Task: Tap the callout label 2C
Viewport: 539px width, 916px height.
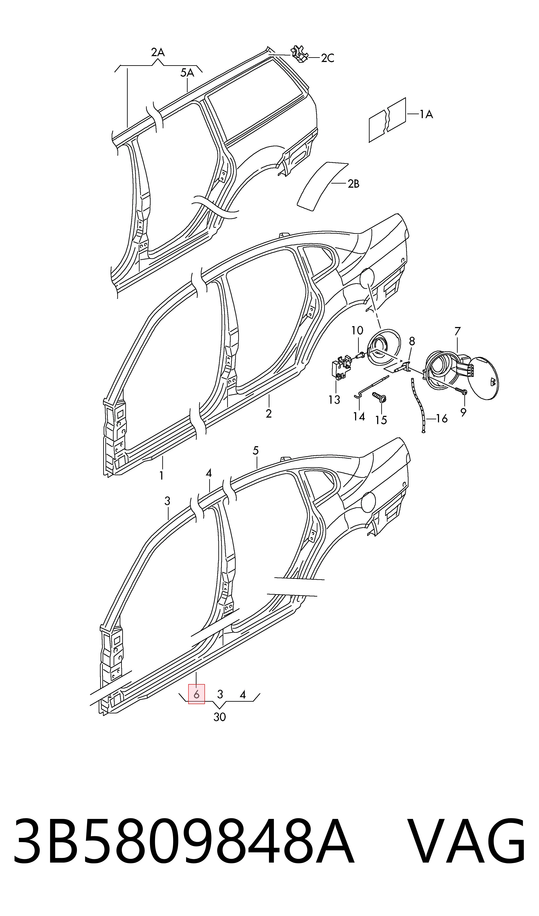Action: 328,58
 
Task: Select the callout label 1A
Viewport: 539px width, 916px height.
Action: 426,115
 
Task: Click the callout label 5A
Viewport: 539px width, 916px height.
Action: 187,73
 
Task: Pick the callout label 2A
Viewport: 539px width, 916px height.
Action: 158,53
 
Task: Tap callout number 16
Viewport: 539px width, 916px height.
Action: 442,419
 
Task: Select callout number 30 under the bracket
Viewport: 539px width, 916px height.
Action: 220,717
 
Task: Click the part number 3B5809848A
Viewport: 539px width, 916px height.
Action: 183,843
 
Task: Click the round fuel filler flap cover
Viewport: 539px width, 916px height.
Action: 483,378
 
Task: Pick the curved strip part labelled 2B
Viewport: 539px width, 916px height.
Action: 323,186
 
